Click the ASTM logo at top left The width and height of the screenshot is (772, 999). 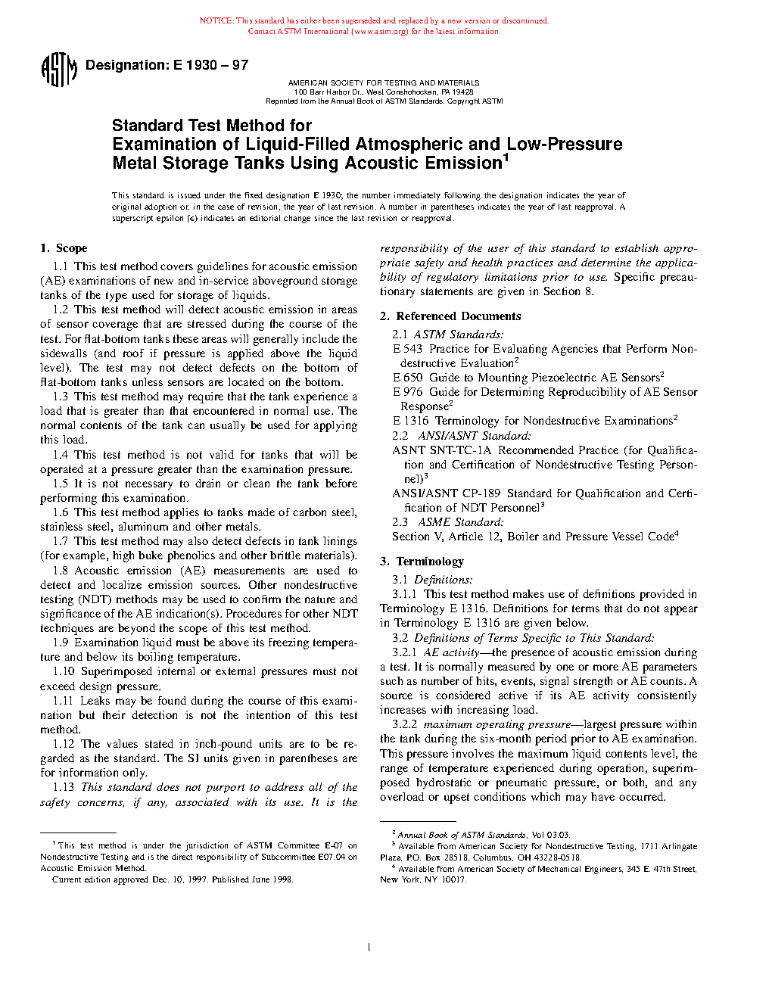coord(58,70)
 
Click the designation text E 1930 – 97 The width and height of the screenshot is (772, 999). coord(210,65)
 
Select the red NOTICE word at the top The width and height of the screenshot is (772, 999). coord(216,21)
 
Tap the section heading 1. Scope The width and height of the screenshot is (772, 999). coord(64,248)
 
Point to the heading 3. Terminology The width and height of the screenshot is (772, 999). coord(422,562)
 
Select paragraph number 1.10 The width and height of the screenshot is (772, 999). coord(64,671)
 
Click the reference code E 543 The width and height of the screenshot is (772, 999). coord(407,349)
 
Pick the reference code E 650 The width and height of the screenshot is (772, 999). coord(407,378)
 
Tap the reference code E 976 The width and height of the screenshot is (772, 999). coord(407,392)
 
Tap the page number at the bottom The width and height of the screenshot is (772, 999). coord(369,947)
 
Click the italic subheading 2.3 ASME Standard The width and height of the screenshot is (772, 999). coord(448,522)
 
